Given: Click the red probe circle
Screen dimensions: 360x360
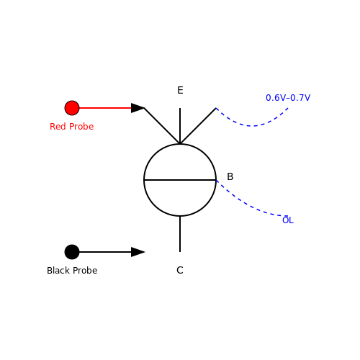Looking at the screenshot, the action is click(72, 108).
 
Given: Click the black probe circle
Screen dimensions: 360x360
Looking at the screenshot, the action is click(72, 252).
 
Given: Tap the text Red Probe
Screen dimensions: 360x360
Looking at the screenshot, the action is click(72, 127).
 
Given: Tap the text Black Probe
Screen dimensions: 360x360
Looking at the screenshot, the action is click(72, 271).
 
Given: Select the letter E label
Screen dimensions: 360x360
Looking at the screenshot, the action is click(180, 90).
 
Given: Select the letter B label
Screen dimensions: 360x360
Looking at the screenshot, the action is click(230, 176).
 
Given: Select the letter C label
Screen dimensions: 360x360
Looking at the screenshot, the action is click(180, 270).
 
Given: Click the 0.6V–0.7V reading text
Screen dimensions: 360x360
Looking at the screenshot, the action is click(288, 98).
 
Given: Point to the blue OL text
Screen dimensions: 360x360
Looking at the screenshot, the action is click(288, 220).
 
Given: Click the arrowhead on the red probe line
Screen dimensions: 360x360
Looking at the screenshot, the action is click(138, 108).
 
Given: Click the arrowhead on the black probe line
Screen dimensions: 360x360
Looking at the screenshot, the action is click(138, 252).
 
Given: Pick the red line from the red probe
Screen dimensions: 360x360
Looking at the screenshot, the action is click(105, 108).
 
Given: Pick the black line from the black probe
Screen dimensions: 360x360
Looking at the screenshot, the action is click(105, 252).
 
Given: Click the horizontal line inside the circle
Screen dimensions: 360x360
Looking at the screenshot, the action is click(180, 180).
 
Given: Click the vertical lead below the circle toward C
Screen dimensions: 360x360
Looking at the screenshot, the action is click(180, 234).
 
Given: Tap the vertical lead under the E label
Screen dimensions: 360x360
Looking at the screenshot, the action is click(180, 126).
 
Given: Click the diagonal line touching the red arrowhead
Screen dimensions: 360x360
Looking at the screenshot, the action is click(162, 126).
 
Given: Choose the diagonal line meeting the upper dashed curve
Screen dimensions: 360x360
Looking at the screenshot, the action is click(198, 126).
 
